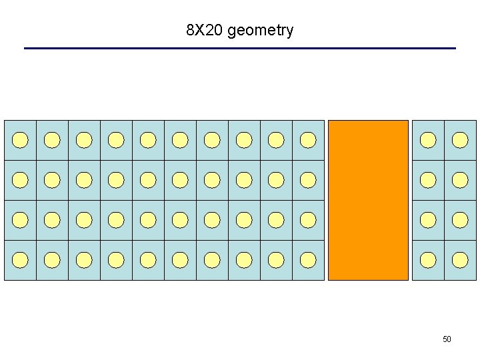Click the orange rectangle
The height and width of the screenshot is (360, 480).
click(x=368, y=200)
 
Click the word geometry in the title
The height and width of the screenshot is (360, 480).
click(x=260, y=31)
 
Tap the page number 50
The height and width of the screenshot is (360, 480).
click(x=447, y=339)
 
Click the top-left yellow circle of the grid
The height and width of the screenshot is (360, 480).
click(x=21, y=140)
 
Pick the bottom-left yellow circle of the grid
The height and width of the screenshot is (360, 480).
click(x=21, y=260)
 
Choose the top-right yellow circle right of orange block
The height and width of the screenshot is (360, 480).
click(x=460, y=140)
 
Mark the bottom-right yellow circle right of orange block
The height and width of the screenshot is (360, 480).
click(x=460, y=260)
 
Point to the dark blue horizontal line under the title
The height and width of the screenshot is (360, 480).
click(x=240, y=48)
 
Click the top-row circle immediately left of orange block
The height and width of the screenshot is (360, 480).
click(x=308, y=140)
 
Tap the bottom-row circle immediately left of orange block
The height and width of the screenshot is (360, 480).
click(x=308, y=260)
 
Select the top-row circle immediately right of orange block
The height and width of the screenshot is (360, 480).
click(x=428, y=140)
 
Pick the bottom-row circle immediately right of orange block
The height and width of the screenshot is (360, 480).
click(x=428, y=260)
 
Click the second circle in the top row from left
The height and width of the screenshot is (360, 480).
click(x=52, y=140)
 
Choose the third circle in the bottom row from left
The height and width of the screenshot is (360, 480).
click(x=84, y=260)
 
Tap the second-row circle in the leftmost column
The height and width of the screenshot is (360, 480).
click(x=21, y=180)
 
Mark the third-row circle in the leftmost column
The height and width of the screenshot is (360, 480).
click(x=21, y=220)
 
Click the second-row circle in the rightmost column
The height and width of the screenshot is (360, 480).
click(x=460, y=180)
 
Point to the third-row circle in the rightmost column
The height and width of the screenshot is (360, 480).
click(x=460, y=220)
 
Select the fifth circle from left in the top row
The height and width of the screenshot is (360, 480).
click(x=148, y=140)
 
